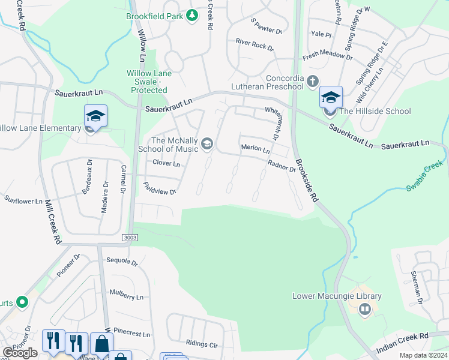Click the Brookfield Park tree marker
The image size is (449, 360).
point(191,15)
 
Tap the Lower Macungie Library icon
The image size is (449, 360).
point(364,310)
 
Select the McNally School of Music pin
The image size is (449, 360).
point(207,143)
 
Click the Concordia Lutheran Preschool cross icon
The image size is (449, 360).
point(312,81)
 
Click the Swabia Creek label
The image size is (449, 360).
point(424,178)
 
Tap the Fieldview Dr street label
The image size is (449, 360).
point(160,191)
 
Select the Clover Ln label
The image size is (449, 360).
point(166,163)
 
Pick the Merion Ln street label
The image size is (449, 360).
point(255,148)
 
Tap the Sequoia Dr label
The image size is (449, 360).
point(122,262)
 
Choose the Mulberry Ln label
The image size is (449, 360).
point(127,296)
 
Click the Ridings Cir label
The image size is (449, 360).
point(202,345)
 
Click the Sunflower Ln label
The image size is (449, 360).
point(23,200)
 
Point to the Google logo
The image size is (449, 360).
point(20,353)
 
